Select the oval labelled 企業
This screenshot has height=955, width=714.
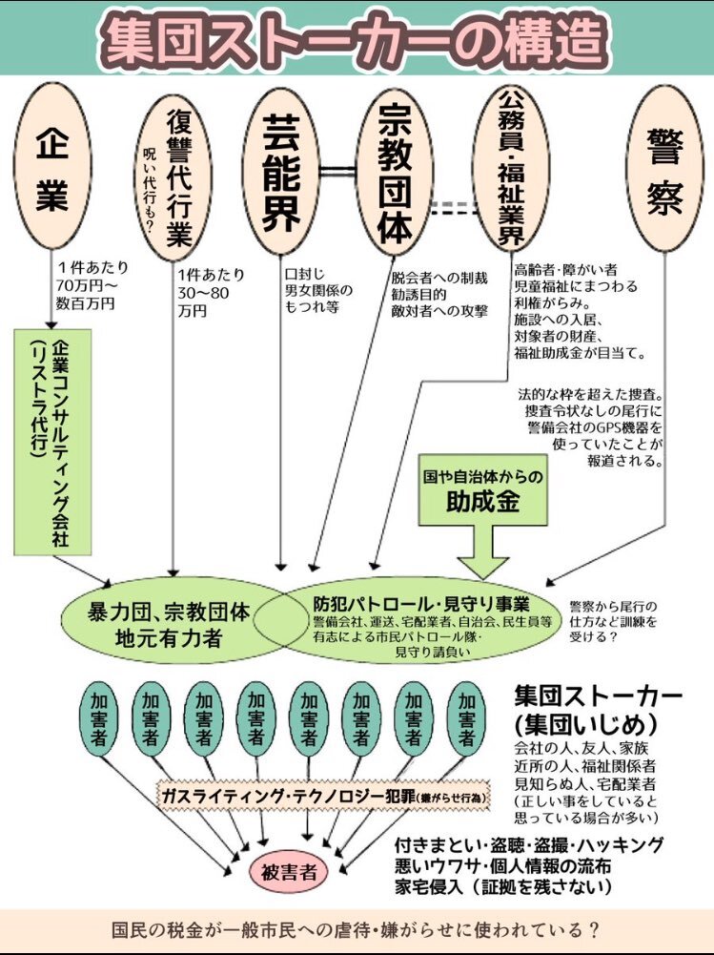tap(52, 166)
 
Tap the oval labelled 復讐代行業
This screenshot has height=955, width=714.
tap(173, 177)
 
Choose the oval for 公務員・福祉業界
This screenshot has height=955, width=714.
tap(511, 169)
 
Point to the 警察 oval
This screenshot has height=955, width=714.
tap(664, 169)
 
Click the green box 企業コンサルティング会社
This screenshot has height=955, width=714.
tap(52, 442)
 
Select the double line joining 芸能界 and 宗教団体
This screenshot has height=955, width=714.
tap(337, 171)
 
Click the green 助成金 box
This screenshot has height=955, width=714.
tap(482, 491)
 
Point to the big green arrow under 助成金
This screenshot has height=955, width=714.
tap(482, 551)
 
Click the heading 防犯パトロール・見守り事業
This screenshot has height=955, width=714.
tap(421, 604)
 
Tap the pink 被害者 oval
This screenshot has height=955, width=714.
tap(289, 872)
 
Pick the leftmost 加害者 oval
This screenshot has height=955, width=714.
tap(98, 719)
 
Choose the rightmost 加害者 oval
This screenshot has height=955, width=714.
tap(466, 719)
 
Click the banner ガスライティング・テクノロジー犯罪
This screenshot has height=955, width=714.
tap(324, 796)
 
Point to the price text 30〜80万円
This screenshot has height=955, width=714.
tap(204, 293)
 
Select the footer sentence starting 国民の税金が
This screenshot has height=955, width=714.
tap(356, 930)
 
